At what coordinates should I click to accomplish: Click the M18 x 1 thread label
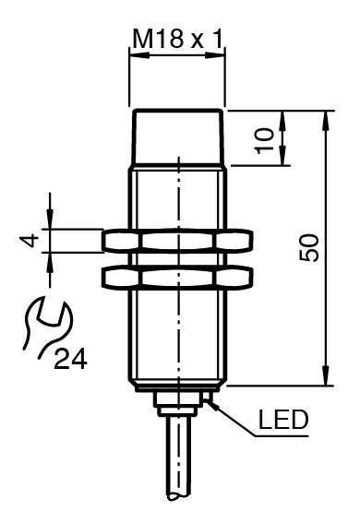[177, 40]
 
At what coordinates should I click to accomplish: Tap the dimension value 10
[266, 141]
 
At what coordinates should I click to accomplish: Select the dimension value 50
[309, 248]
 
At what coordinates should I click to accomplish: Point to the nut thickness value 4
[29, 241]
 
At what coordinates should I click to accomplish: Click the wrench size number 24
[70, 359]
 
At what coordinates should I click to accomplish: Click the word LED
[283, 420]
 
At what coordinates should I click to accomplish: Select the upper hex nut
[177, 241]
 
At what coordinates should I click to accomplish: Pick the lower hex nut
[177, 277]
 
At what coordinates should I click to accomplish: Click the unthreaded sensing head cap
[177, 137]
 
